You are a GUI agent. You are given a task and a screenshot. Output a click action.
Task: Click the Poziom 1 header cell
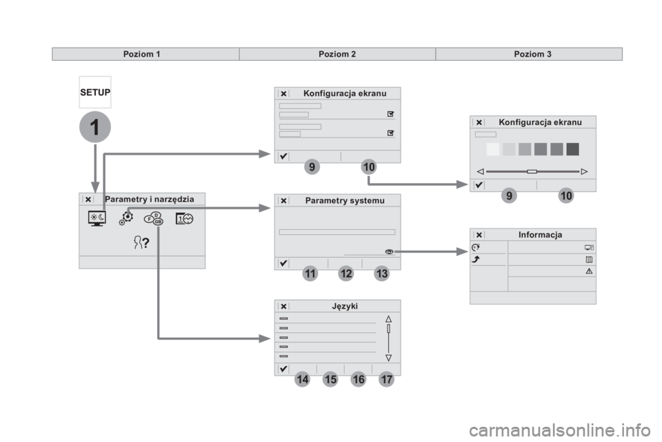coord(145,54)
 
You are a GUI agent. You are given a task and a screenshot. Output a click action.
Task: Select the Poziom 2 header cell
coord(337,54)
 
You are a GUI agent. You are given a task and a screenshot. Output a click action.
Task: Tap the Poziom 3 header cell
coord(532,54)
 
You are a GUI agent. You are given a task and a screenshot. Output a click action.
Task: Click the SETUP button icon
coord(94,92)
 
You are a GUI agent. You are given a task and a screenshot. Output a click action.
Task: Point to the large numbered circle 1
coord(94,128)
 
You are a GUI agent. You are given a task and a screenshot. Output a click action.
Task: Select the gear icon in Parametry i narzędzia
coord(126,217)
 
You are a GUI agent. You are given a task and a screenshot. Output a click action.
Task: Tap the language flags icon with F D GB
coord(154,218)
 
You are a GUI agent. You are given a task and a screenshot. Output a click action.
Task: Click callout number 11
coord(310,274)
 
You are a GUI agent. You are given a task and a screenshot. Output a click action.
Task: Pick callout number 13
coord(383,274)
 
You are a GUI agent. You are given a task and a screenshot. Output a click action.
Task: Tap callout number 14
coord(301,380)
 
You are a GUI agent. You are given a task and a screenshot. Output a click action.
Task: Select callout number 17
coord(387,380)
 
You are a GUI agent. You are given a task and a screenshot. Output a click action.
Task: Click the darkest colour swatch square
coord(572,149)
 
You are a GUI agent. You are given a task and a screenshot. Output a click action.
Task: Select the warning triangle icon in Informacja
coord(589,271)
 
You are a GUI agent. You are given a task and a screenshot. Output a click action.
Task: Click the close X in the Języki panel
coord(283,306)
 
